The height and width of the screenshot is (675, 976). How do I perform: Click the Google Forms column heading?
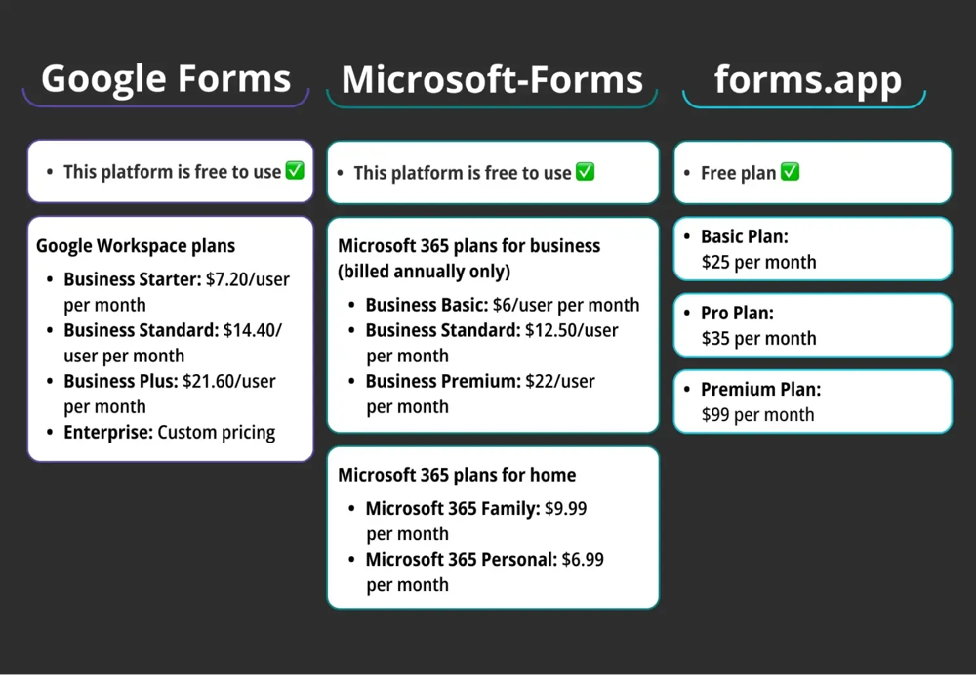(x=166, y=78)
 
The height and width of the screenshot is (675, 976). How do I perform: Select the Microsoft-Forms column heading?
(x=492, y=79)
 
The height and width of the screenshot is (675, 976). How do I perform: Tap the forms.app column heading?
(x=808, y=78)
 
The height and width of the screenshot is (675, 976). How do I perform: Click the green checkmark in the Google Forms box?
(x=295, y=171)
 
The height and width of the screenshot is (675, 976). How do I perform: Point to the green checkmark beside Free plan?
(x=790, y=172)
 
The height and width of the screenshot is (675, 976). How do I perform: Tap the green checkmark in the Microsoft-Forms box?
(x=585, y=172)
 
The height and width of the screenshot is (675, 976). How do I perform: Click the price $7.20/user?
(x=248, y=279)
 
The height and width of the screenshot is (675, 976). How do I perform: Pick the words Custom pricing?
(x=217, y=432)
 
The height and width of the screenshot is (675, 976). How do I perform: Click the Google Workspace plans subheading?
(x=136, y=246)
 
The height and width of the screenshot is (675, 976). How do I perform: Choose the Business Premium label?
(x=443, y=381)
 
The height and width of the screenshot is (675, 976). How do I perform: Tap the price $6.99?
(x=583, y=560)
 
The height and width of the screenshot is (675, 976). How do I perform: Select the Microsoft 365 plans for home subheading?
(x=457, y=475)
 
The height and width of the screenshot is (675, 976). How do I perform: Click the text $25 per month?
(x=758, y=262)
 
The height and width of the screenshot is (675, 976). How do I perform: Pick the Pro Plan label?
(x=737, y=313)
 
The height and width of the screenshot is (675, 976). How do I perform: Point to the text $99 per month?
(x=757, y=414)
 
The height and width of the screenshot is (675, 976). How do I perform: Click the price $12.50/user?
(x=571, y=330)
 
